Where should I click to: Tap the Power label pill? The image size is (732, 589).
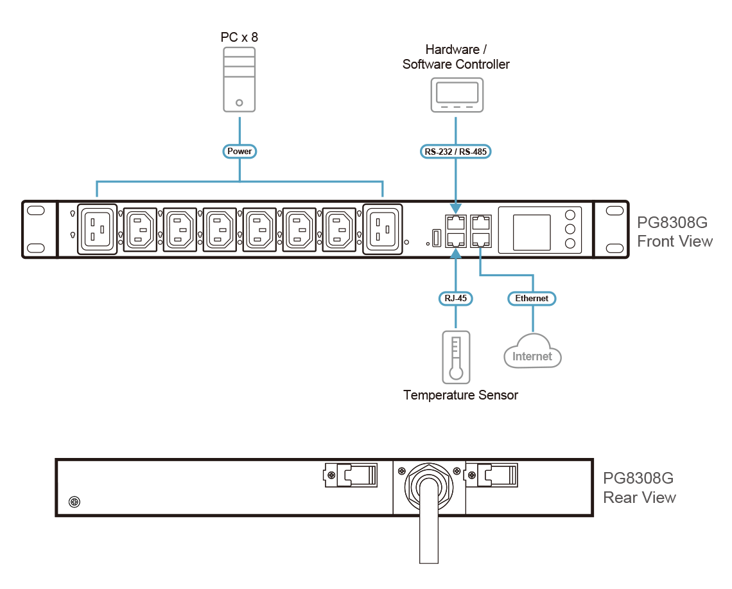point(240,152)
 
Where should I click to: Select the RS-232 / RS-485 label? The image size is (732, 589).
point(456,152)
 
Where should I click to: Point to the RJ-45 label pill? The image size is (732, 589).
point(455,298)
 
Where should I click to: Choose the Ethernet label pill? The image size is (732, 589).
point(532,298)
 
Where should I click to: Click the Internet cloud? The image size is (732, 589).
point(532,352)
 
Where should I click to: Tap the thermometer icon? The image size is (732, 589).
point(456,357)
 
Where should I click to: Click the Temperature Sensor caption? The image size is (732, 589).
point(460,394)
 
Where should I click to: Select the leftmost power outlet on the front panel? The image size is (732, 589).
point(97,229)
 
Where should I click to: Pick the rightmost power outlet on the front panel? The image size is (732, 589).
point(383,229)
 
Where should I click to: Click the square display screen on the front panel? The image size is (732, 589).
point(531,232)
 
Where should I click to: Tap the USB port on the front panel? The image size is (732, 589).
point(435,238)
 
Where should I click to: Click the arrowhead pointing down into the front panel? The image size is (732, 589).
point(456,209)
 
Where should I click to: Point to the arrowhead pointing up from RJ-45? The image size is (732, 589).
point(456,253)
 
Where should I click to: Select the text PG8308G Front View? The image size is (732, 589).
point(674,232)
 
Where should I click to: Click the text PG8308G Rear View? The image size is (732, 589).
point(639,488)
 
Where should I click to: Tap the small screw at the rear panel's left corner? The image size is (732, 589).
point(74,501)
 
